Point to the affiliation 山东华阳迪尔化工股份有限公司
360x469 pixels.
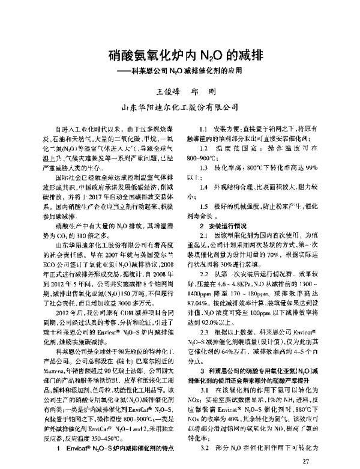click(x=179, y=109)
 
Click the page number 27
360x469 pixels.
click(x=307, y=460)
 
